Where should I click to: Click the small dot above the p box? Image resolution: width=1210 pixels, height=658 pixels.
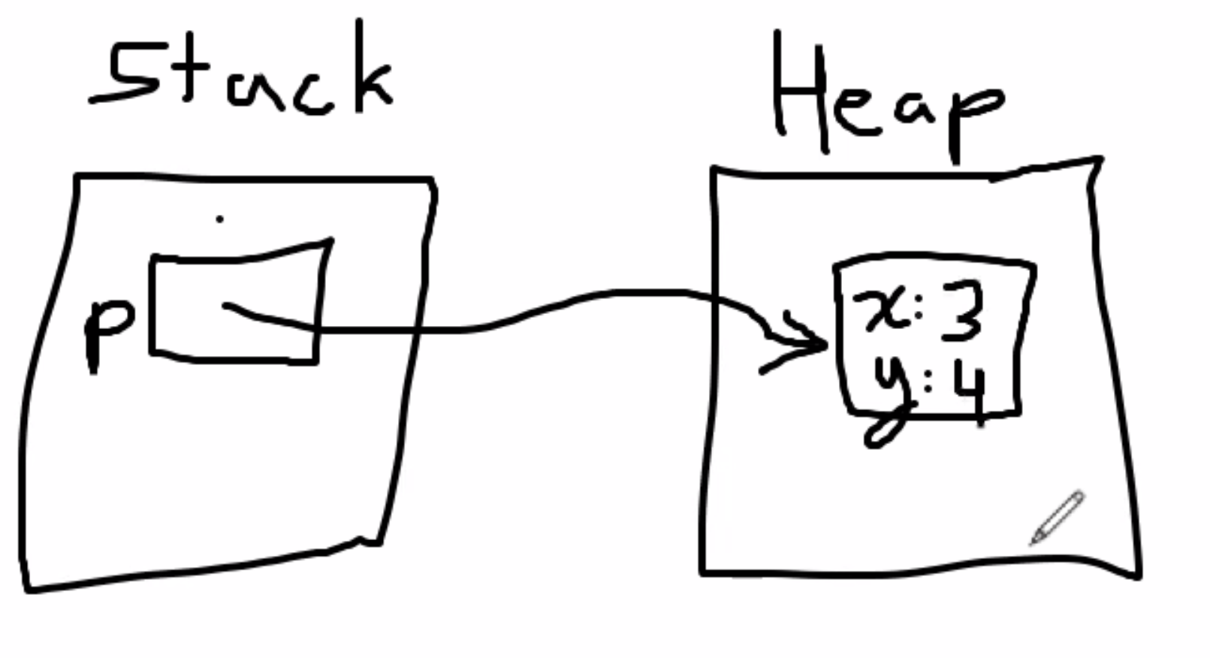[x=219, y=219]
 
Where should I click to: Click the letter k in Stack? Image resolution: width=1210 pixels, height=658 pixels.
[x=372, y=71]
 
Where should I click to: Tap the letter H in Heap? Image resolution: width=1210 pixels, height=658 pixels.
[x=800, y=90]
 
